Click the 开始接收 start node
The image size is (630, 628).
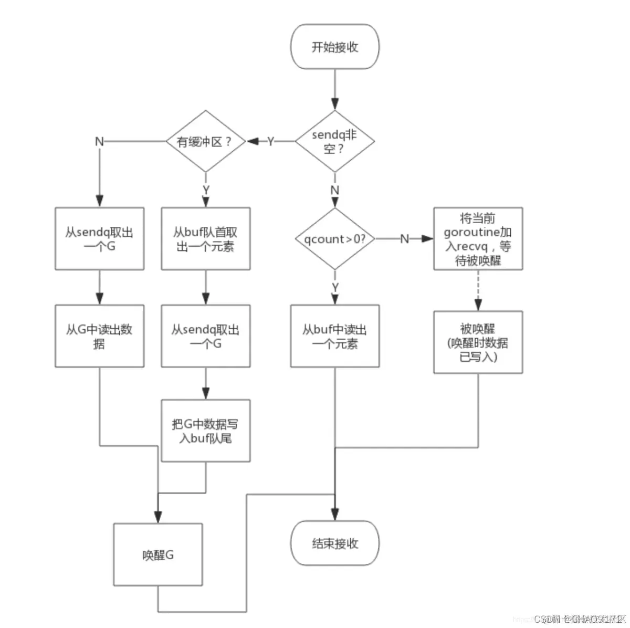coord(334,47)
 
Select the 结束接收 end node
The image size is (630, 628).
coord(334,543)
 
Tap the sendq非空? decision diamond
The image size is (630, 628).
coord(334,141)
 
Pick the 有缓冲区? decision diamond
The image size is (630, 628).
coord(205,141)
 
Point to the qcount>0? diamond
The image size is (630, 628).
coord(334,239)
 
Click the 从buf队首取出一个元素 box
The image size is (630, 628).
coord(205,239)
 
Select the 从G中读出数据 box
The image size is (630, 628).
coord(99,336)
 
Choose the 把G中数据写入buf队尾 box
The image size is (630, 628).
coord(205,431)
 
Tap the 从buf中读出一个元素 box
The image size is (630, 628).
coord(334,336)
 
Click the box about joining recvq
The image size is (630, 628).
coord(478,239)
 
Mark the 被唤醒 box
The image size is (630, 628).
coord(478,342)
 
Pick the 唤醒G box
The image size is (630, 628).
coord(158,554)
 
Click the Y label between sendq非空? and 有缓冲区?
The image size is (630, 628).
coord(270,141)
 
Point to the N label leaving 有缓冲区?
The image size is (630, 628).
coord(99,141)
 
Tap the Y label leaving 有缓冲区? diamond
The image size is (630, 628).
coord(206,190)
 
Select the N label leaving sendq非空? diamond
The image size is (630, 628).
coord(335,190)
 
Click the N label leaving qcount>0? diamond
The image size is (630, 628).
coord(404,239)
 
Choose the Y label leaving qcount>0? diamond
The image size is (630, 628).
coord(335,287)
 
